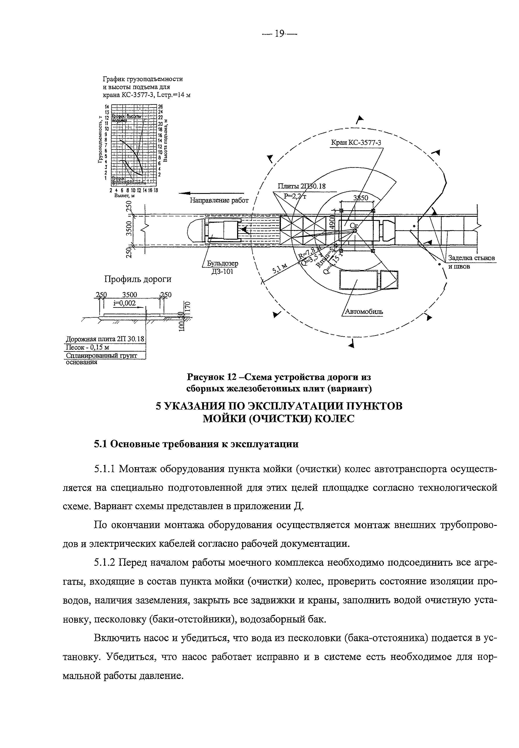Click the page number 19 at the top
pos(280,34)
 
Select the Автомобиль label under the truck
pos(364,311)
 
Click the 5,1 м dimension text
pos(280,267)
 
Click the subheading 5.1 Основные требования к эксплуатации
pos(196,444)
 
